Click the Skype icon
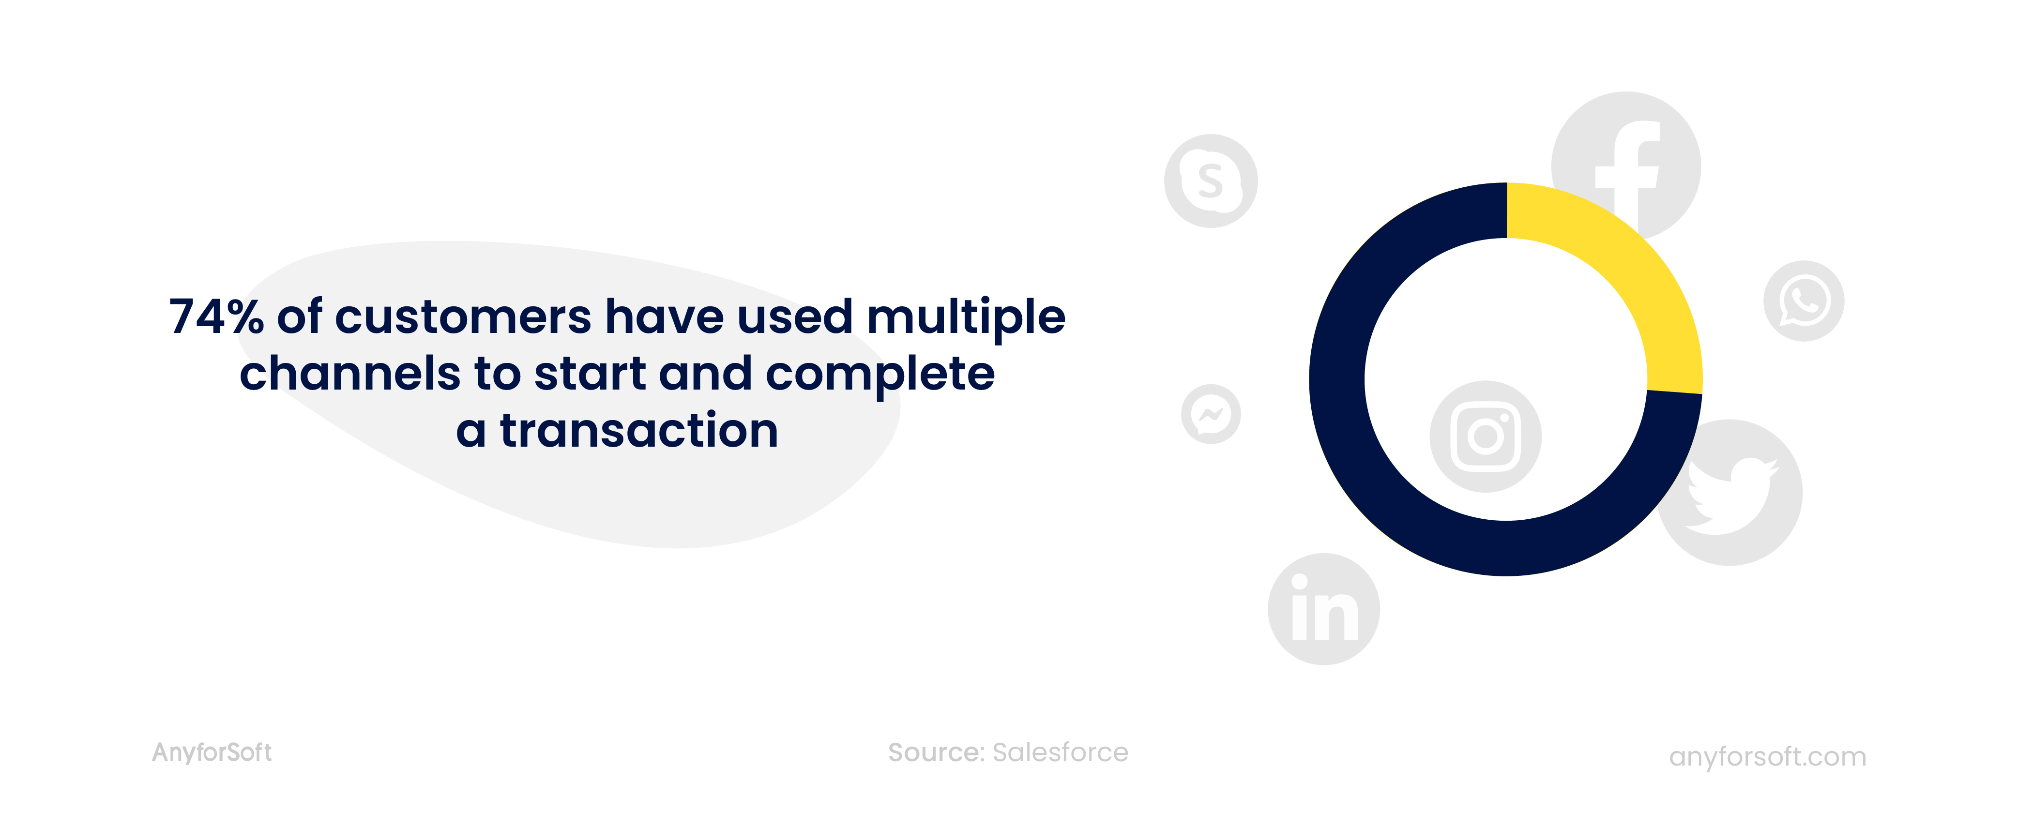1211,181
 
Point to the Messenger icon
1211,414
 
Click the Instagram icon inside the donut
1486,437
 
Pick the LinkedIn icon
1324,609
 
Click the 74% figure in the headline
216,317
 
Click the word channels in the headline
350,373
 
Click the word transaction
639,430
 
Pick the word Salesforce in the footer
1060,752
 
